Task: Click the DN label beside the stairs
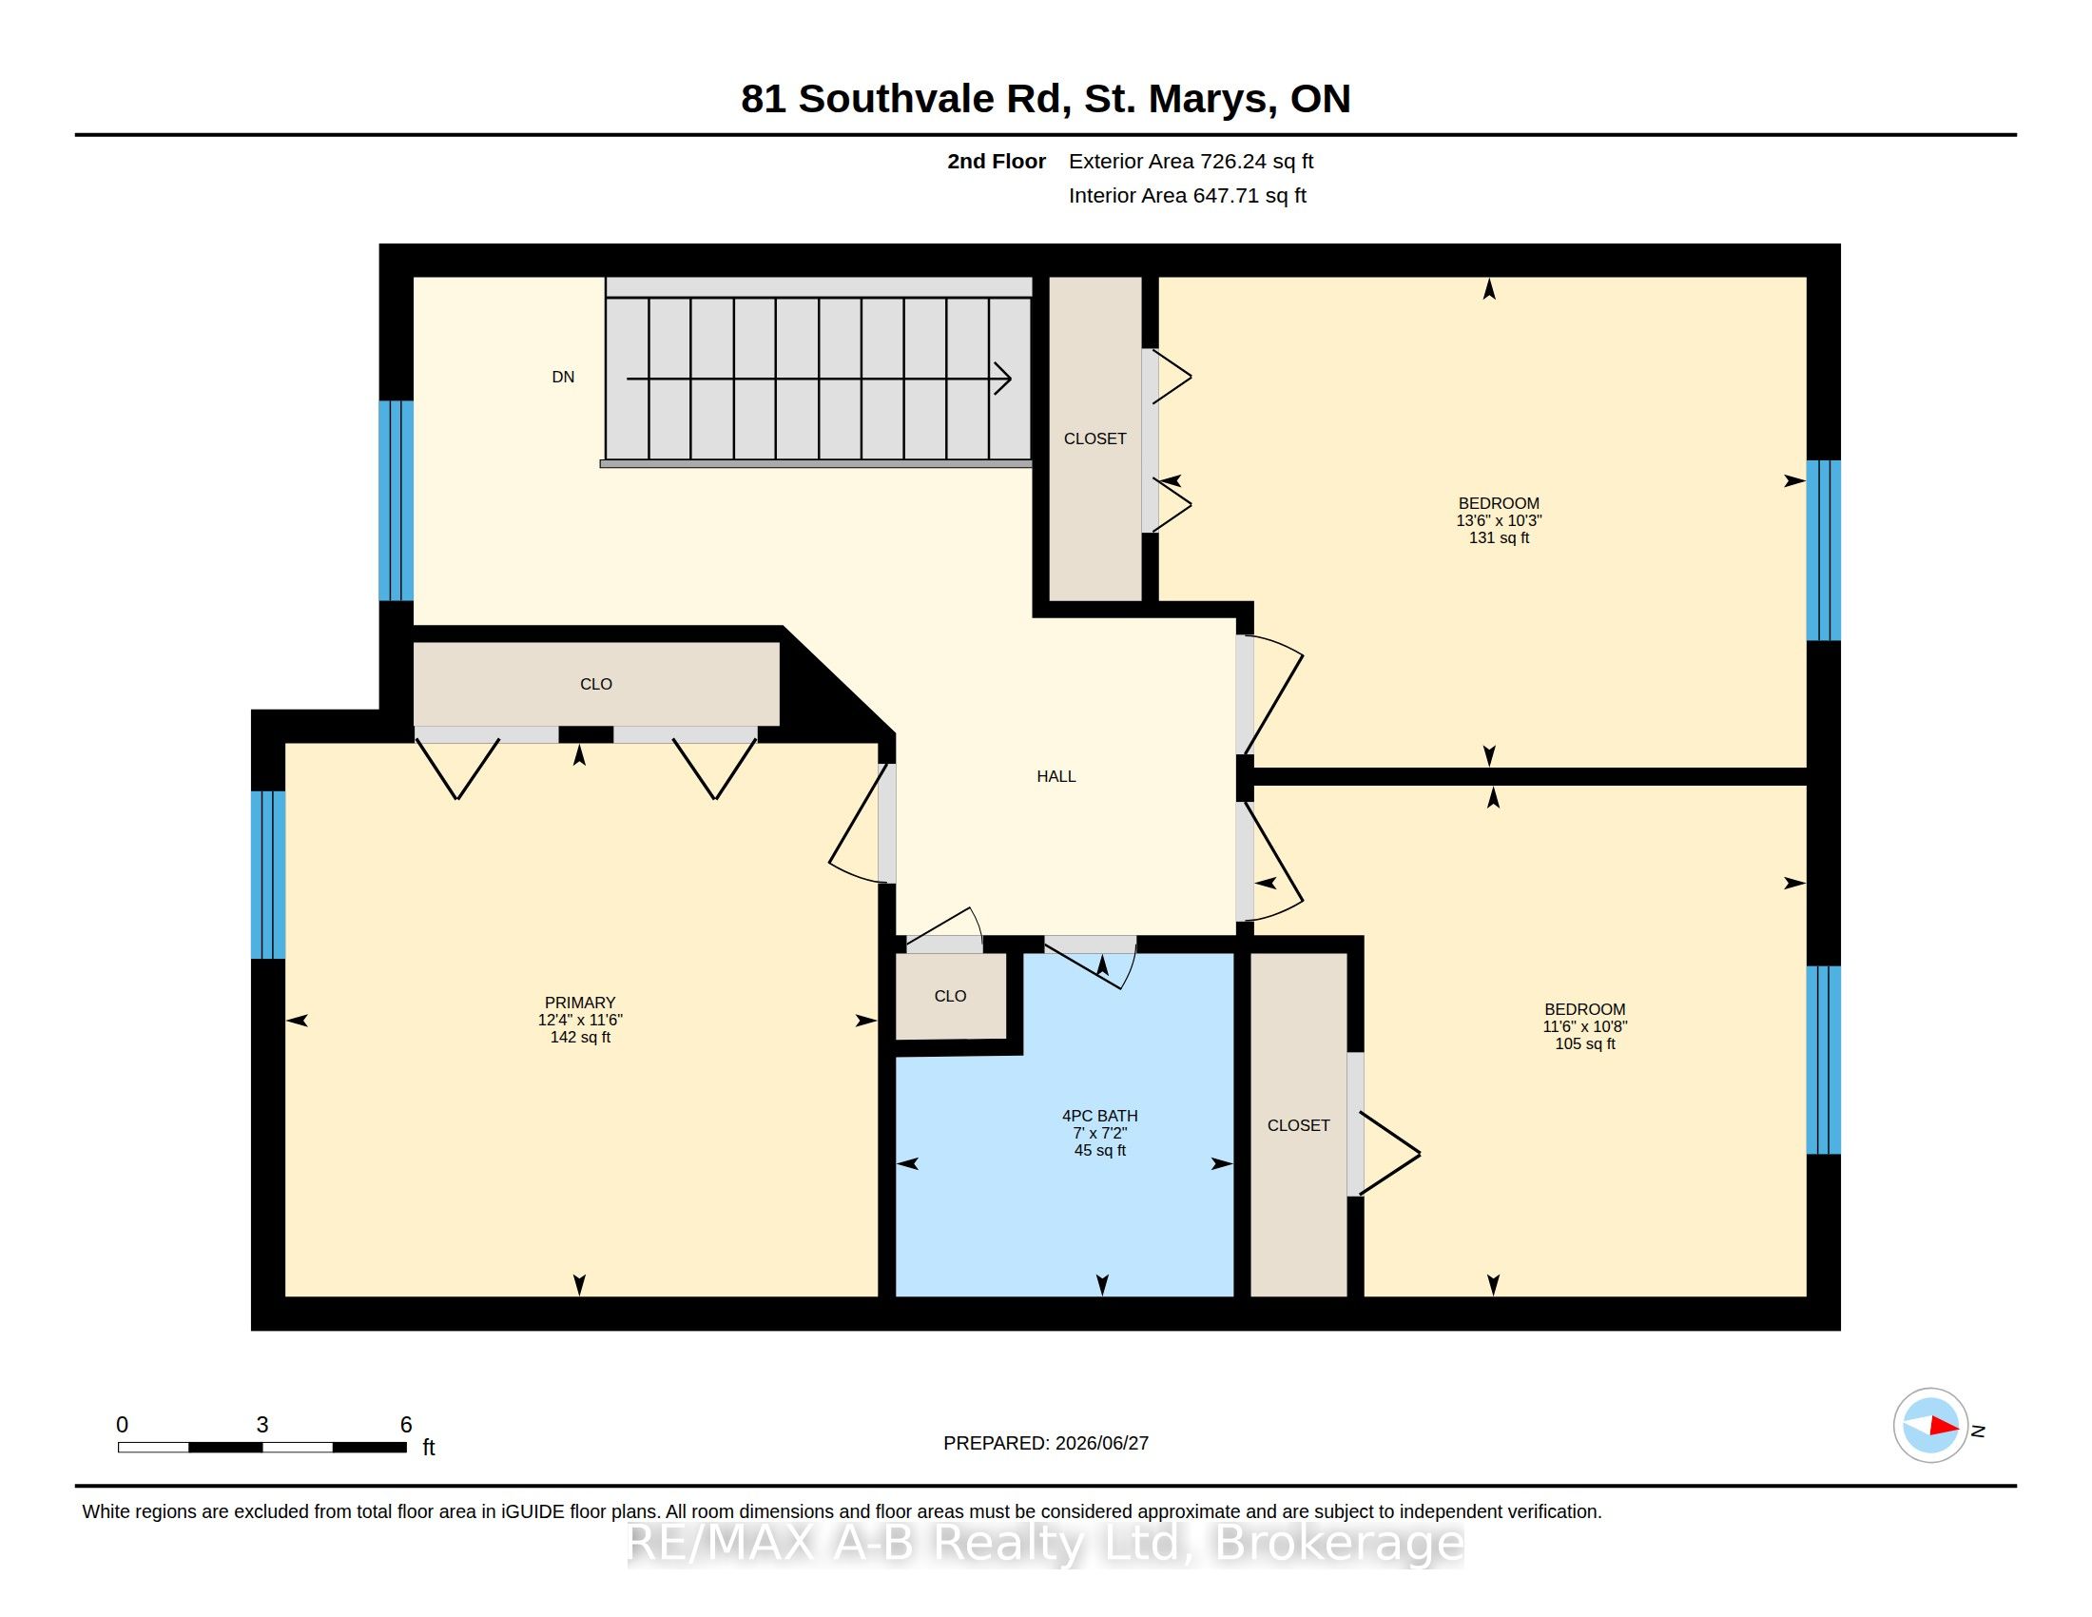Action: click(x=563, y=378)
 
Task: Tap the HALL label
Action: click(x=1056, y=777)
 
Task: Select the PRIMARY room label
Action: click(x=580, y=1003)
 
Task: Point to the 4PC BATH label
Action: click(x=1099, y=1116)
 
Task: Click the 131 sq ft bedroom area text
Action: click(x=1499, y=538)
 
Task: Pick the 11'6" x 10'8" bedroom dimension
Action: click(x=1585, y=1027)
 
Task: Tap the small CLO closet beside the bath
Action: click(x=950, y=996)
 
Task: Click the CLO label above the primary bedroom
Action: click(x=596, y=684)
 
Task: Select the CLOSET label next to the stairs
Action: click(x=1094, y=438)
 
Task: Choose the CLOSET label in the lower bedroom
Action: click(x=1299, y=1125)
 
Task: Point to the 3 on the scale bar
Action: click(x=262, y=1425)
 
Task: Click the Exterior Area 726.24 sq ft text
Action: click(x=1191, y=161)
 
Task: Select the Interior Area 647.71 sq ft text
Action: click(x=1188, y=195)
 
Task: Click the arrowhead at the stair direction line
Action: click(x=1004, y=379)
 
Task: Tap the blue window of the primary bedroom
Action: click(x=268, y=874)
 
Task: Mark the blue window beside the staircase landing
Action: click(x=397, y=500)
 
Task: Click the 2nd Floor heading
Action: click(x=997, y=161)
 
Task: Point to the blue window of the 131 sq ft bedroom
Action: click(x=1824, y=550)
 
